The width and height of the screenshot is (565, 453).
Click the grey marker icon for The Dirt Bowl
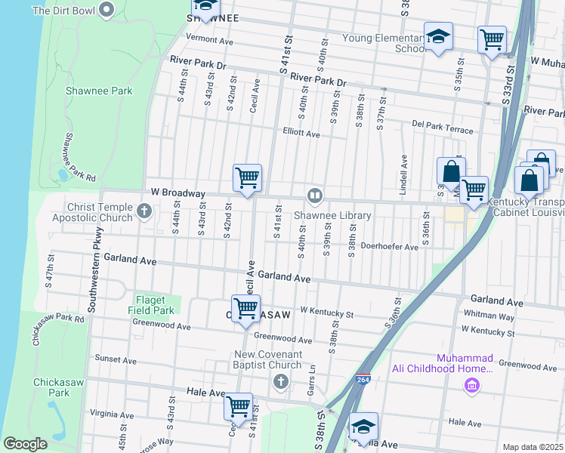(x=107, y=11)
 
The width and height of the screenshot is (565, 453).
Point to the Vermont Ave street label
(x=210, y=39)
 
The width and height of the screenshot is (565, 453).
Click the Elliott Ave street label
(x=301, y=135)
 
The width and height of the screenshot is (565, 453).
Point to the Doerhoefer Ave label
(x=389, y=247)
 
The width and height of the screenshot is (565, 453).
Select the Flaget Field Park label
(x=155, y=305)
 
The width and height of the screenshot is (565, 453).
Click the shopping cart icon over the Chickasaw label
(x=245, y=308)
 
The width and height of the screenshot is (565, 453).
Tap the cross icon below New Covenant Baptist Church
(x=281, y=381)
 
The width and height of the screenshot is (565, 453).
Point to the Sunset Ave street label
(x=115, y=360)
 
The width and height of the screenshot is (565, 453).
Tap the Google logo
(x=25, y=444)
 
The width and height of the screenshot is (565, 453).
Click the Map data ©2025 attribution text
(x=532, y=447)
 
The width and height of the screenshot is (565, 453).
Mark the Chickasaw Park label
(x=51, y=387)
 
